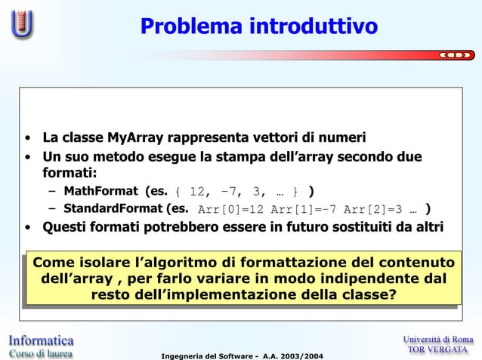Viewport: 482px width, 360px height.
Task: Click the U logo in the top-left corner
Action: pos(23,26)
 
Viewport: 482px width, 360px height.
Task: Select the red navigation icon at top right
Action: pos(456,54)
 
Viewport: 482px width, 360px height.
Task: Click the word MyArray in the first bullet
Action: pos(136,138)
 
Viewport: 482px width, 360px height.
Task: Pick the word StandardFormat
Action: pos(113,209)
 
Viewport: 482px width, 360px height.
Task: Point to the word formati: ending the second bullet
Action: pos(65,174)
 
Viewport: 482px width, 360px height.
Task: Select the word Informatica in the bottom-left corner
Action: pos(41,340)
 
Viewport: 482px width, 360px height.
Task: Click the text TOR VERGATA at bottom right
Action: pos(438,349)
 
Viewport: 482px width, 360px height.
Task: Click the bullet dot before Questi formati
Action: pos(27,228)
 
